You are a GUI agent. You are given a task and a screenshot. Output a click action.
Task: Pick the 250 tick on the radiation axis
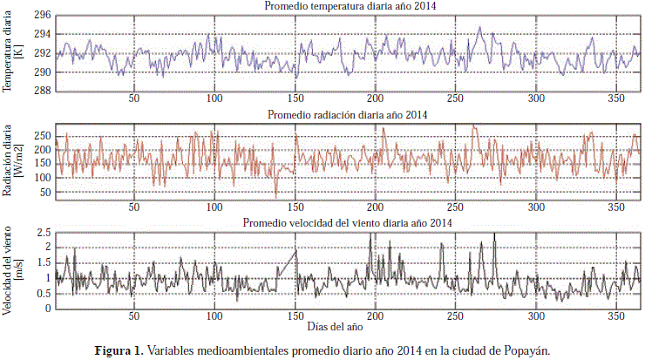(44, 136)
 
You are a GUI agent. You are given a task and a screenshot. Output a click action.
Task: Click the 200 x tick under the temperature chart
(375, 99)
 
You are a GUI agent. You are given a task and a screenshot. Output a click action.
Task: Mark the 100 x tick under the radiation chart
(214, 207)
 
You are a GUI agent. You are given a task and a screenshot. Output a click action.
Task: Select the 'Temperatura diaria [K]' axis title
(12, 52)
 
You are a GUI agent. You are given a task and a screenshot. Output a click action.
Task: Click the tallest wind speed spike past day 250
(494, 234)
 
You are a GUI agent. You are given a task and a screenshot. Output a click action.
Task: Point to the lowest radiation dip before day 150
(276, 197)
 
